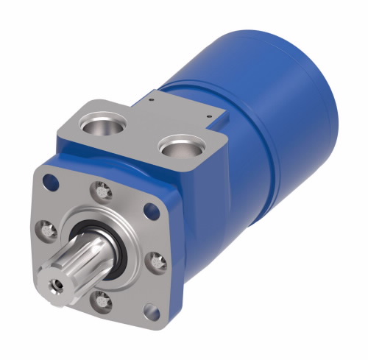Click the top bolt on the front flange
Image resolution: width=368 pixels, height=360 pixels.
point(102,190)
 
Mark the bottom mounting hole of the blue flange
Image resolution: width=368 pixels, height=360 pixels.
point(151,310)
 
